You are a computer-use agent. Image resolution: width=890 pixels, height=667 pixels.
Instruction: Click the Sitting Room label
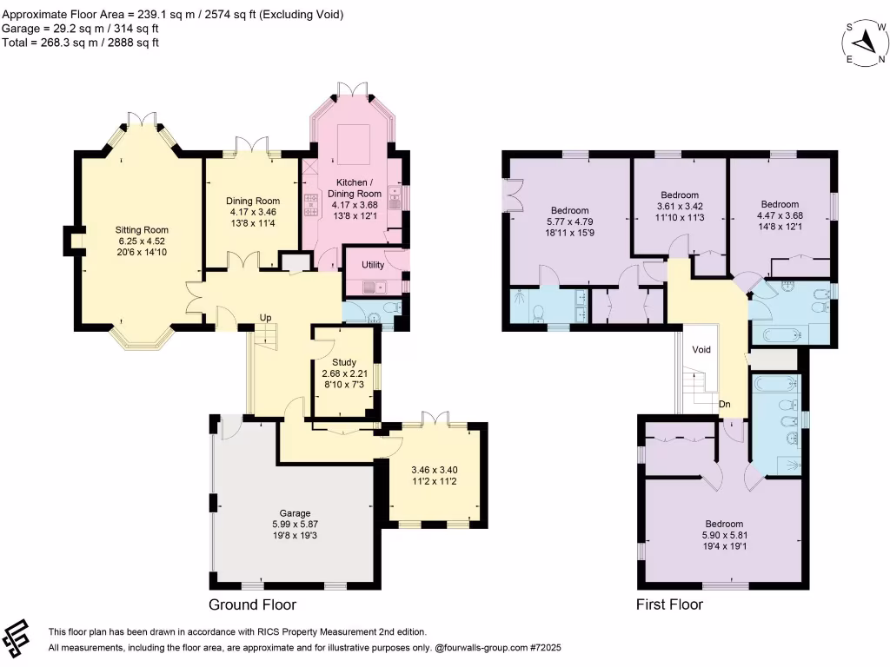(142, 229)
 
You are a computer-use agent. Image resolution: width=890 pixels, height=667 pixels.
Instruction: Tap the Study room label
(344, 362)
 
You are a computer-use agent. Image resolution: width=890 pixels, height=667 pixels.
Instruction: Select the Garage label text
(295, 513)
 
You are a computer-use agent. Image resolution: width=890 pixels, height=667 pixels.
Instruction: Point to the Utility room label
(373, 265)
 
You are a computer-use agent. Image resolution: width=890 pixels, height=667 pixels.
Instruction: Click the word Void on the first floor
(701, 349)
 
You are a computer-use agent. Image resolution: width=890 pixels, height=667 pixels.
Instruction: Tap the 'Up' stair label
(266, 318)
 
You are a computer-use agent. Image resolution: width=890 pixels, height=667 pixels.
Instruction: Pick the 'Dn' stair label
(724, 405)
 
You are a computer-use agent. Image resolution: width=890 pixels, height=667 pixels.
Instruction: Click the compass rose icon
(865, 43)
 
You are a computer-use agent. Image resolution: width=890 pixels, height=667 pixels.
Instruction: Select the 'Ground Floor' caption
(253, 604)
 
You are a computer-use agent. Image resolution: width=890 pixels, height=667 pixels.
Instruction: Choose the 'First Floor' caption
(669, 604)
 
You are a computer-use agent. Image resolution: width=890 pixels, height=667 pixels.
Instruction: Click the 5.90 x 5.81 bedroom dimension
(725, 535)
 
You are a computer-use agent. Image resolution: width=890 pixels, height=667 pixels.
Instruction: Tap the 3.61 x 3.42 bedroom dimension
(680, 207)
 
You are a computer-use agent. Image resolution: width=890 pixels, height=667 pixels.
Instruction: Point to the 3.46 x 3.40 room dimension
(435, 470)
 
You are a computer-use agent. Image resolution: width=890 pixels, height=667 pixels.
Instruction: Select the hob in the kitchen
(310, 205)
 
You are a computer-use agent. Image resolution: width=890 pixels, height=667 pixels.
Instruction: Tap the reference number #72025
(546, 648)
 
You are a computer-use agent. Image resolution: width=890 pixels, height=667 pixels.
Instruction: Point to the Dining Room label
(253, 201)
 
